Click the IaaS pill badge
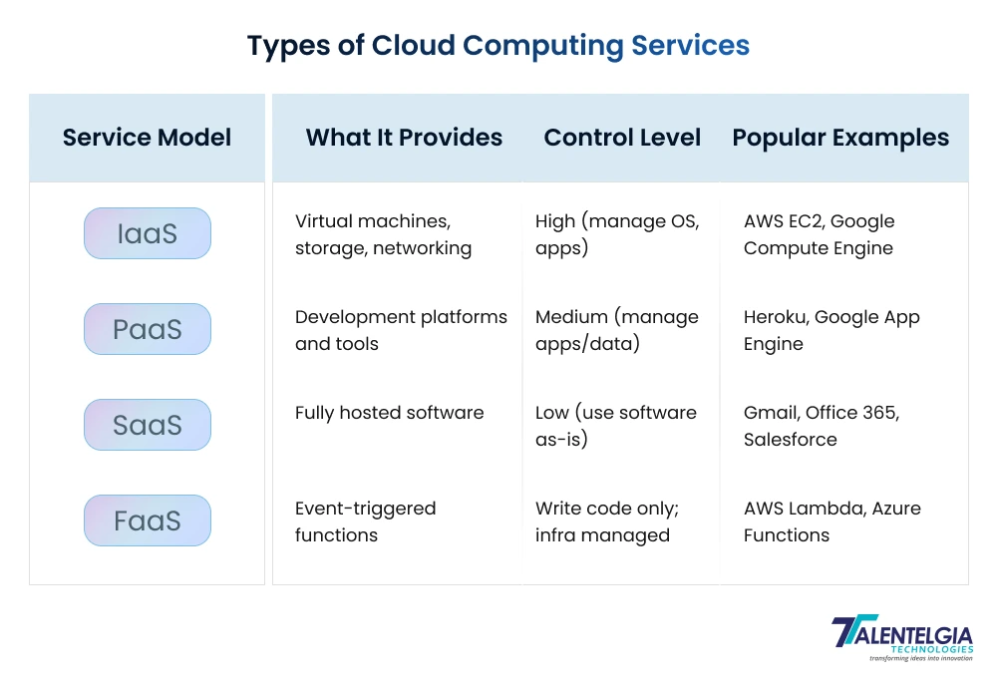point(148,233)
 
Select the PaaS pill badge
point(148,329)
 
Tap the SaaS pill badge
point(148,425)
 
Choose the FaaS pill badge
point(148,520)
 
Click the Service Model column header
point(147,138)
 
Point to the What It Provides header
point(404,138)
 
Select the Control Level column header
point(622,138)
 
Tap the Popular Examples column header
point(840,138)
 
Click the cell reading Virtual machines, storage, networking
point(383,234)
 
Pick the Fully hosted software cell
point(389,413)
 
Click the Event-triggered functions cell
point(365,521)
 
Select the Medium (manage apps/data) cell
point(616,330)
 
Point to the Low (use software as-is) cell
point(615,426)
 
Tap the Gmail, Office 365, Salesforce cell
point(821,426)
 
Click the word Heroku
point(775,317)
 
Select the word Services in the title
point(690,46)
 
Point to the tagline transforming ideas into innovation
point(920,658)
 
